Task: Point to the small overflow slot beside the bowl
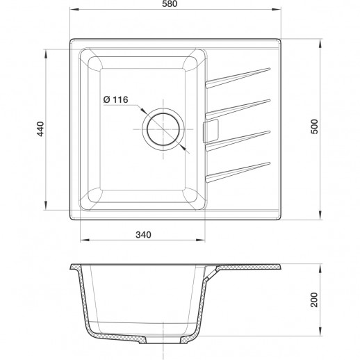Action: [x=211, y=129]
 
